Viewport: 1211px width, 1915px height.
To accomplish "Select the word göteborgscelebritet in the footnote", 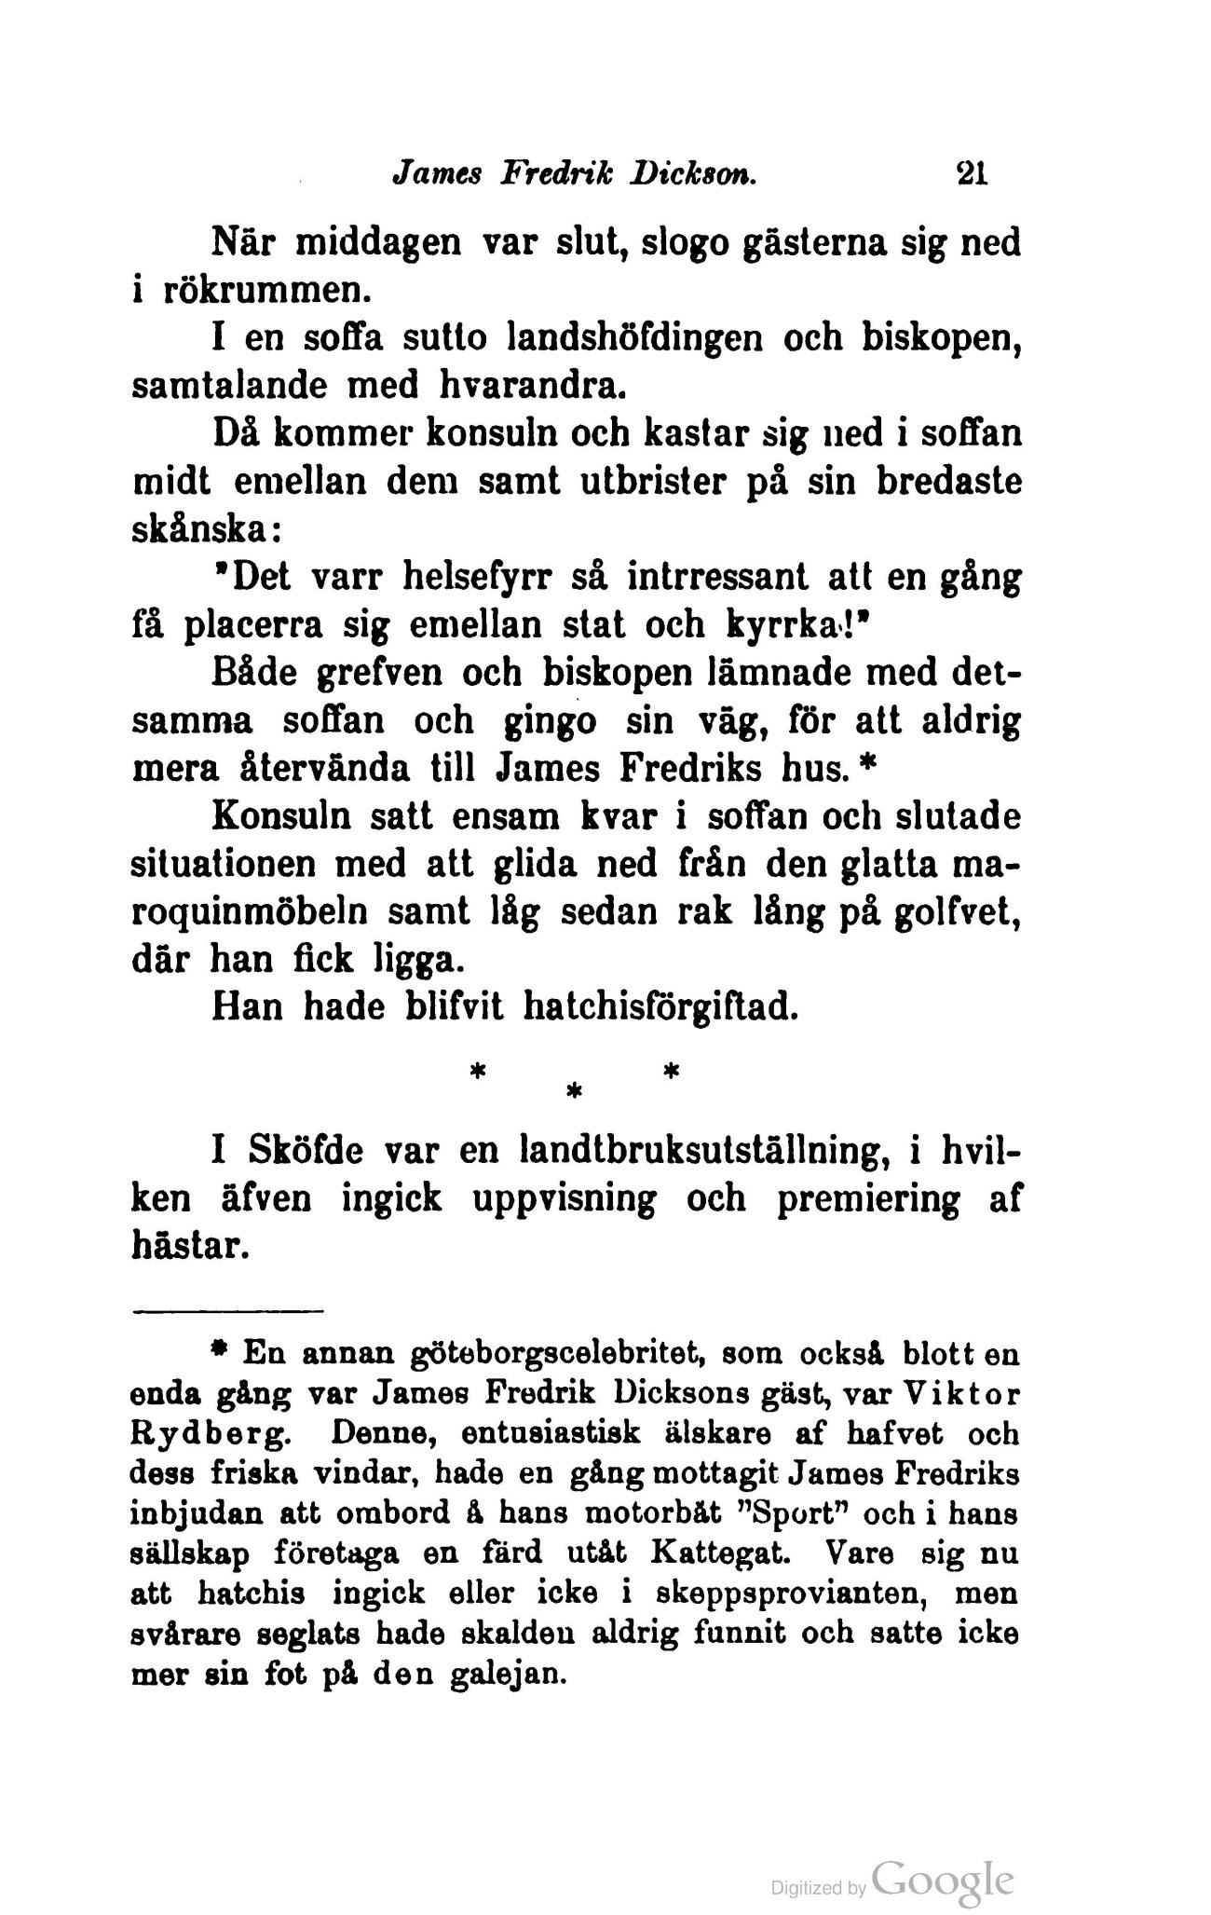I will click(x=509, y=1351).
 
